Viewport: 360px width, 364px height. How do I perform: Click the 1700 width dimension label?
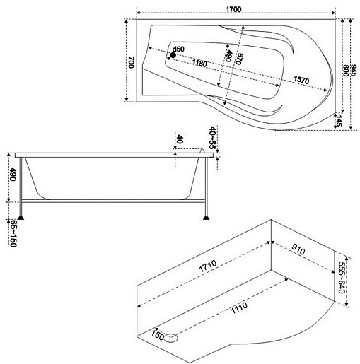pyautogui.click(x=233, y=10)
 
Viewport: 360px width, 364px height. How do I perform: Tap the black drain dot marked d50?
pyautogui.click(x=173, y=55)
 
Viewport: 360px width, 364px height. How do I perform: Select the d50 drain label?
pyautogui.click(x=178, y=49)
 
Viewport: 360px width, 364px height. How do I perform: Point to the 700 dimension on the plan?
pyautogui.click(x=132, y=62)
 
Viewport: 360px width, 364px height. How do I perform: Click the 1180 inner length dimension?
pyautogui.click(x=199, y=63)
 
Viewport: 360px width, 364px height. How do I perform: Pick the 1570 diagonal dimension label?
pyautogui.click(x=301, y=80)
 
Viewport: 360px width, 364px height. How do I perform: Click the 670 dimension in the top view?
pyautogui.click(x=239, y=59)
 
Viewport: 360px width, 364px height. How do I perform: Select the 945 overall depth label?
pyautogui.click(x=354, y=70)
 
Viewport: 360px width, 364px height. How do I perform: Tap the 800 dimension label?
pyautogui.click(x=346, y=70)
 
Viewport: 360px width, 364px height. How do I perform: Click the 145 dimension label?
pyautogui.click(x=339, y=121)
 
